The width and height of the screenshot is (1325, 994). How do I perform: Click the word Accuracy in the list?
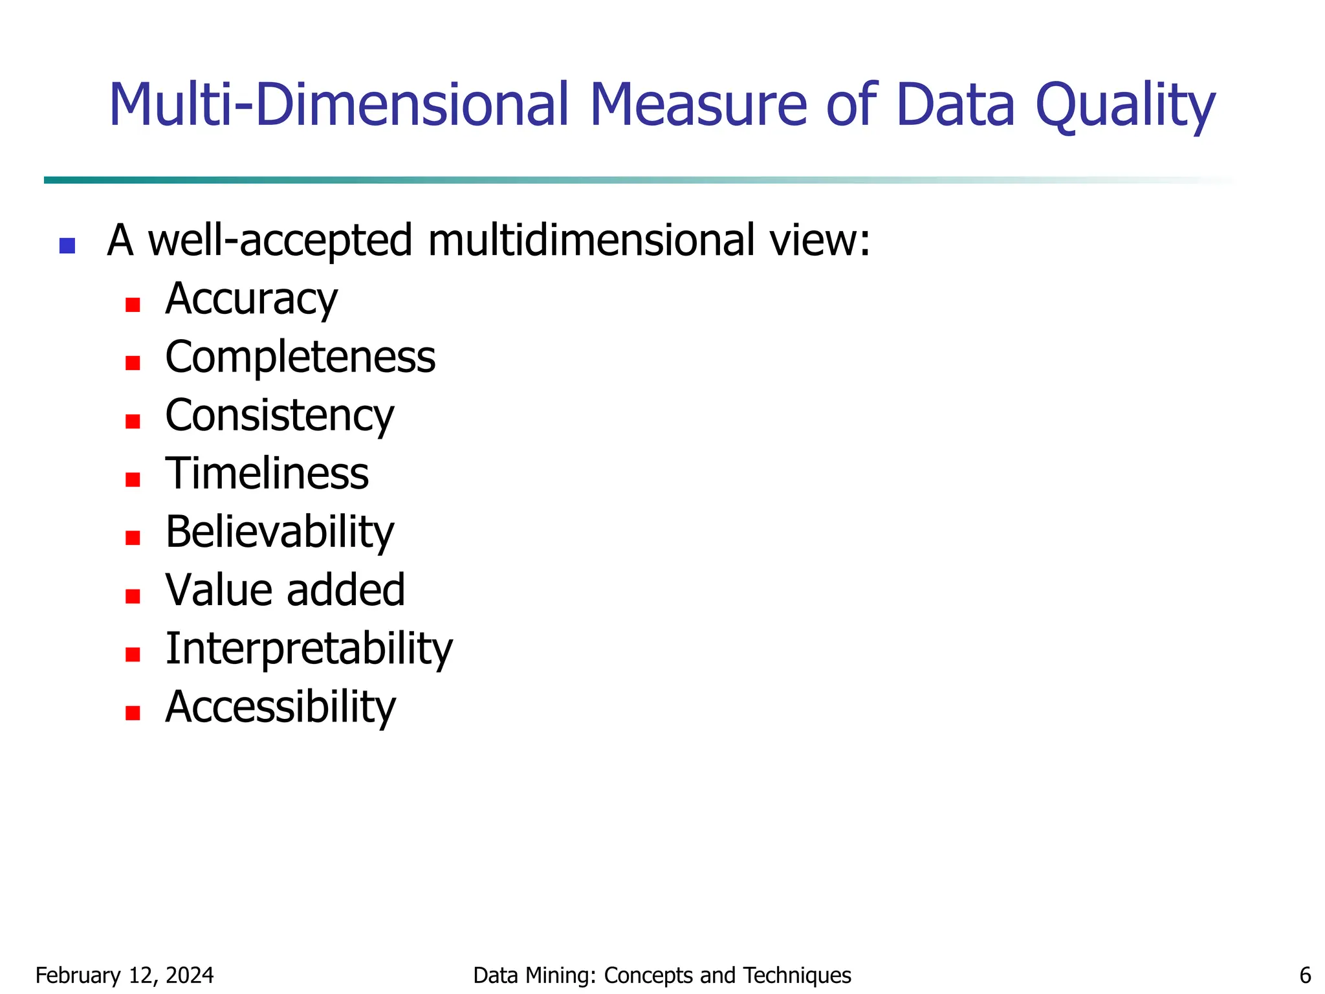click(251, 300)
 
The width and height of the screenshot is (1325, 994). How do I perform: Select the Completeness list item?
click(300, 357)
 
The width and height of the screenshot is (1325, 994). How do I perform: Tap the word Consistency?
click(279, 415)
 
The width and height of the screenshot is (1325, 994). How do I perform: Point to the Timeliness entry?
click(267, 474)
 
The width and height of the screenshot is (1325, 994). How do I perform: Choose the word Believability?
click(279, 532)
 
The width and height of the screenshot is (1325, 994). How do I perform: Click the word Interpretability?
click(309, 648)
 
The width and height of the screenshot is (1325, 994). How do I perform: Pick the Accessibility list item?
click(280, 707)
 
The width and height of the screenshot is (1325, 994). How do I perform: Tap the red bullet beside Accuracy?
click(133, 305)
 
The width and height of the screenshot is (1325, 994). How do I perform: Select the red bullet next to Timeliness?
click(133, 480)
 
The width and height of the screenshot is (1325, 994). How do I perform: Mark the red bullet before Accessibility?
click(133, 712)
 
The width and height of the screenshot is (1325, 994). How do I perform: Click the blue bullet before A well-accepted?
click(67, 246)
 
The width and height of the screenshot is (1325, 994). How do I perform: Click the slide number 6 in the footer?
click(1305, 975)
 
